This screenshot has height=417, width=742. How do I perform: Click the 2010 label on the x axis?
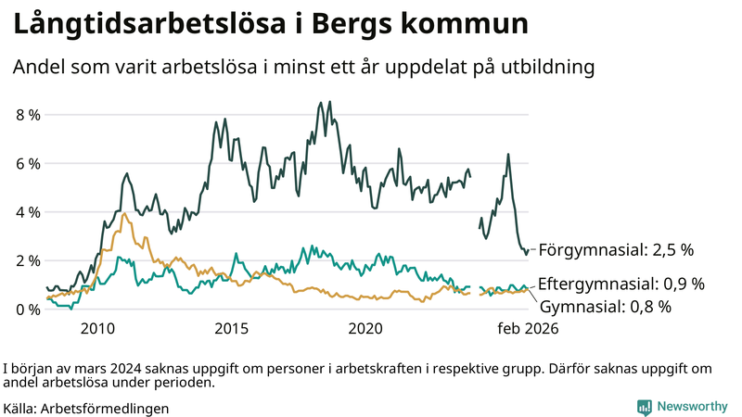[97, 328]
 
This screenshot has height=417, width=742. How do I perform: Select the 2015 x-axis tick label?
[231, 328]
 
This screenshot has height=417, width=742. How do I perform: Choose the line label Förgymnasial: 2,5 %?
[616, 249]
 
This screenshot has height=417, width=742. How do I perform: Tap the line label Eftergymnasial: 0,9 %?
[621, 284]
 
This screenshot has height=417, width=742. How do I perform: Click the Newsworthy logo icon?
[644, 407]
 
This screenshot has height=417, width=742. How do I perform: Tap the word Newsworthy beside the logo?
[693, 407]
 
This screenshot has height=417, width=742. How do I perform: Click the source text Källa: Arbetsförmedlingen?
[86, 408]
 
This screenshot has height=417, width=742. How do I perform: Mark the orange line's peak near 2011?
[123, 213]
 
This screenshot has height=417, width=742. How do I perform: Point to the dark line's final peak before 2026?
[507, 154]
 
